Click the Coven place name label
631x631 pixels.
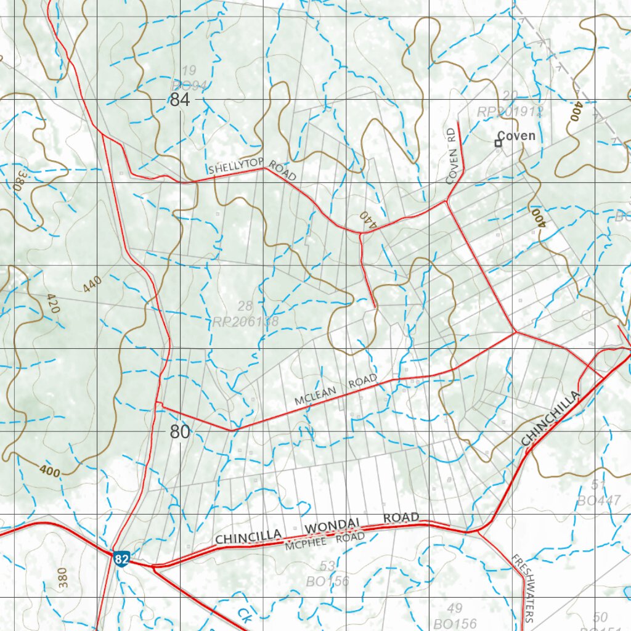(516, 136)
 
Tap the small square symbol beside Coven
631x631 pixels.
(498, 144)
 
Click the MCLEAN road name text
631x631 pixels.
(314, 396)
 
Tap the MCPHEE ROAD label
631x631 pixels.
(325, 541)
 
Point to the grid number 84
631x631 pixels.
(179, 100)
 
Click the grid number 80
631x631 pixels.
(179, 432)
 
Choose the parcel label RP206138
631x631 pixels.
(246, 322)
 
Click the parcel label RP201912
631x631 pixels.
(510, 112)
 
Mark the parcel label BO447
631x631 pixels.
(598, 501)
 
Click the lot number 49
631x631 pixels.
(455, 609)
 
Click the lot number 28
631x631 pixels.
(245, 306)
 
